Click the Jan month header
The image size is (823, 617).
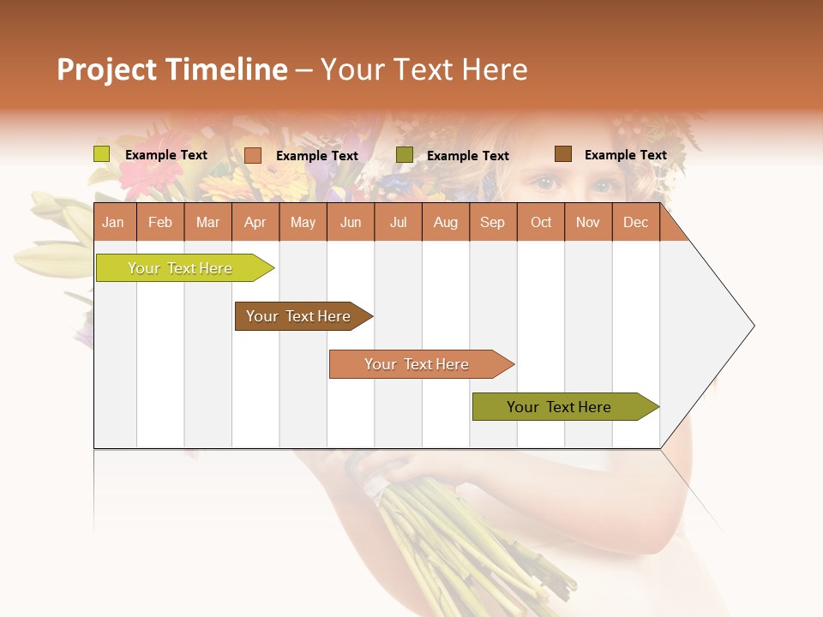click(113, 223)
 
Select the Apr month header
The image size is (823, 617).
click(255, 223)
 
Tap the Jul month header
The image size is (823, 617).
click(398, 223)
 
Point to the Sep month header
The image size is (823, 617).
click(492, 223)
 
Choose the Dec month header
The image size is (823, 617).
click(635, 223)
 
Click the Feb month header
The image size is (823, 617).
click(160, 223)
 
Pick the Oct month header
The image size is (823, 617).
click(541, 223)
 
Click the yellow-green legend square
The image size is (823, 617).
click(102, 154)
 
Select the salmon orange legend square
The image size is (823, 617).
click(253, 155)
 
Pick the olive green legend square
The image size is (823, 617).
click(405, 154)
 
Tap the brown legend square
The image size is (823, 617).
click(563, 154)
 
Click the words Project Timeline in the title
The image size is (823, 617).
click(172, 69)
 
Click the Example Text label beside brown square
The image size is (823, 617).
click(625, 155)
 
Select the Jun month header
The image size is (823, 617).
click(351, 223)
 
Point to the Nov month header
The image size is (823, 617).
click(588, 223)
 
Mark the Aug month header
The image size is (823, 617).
click(446, 223)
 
